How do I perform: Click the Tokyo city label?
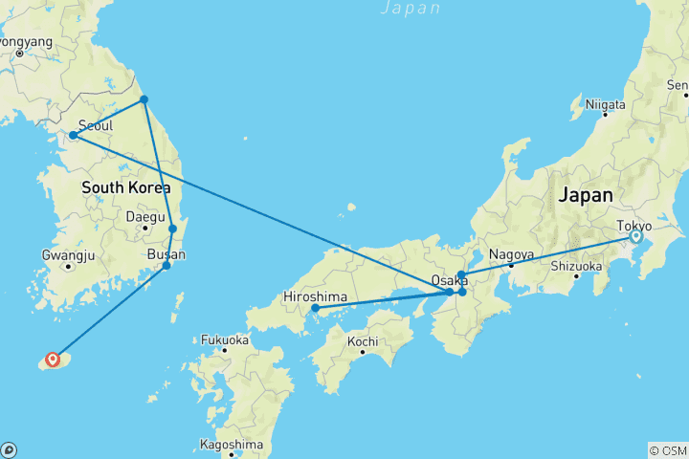(633, 226)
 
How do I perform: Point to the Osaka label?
(450, 280)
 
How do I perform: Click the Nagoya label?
(510, 254)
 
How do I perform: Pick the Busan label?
(167, 254)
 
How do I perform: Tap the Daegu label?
(145, 216)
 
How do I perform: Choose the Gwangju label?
(67, 255)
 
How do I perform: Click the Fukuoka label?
(224, 339)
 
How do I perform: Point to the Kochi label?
(362, 341)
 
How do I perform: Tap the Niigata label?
(605, 103)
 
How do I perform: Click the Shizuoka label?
(574, 266)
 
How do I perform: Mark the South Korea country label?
(125, 187)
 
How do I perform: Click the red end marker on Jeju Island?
(53, 361)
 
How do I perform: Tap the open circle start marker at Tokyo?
(635, 236)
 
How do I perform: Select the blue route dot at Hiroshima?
(315, 308)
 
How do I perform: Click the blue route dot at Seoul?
(73, 135)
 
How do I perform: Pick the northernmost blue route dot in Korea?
(144, 99)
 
